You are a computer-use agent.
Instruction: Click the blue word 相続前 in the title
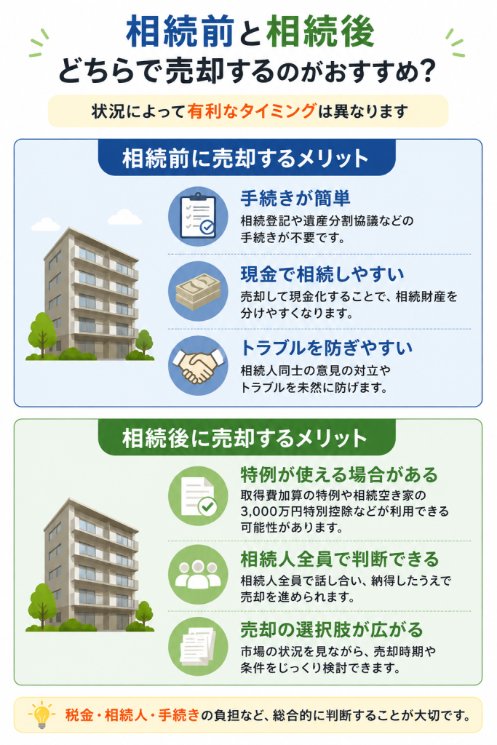coord(180,32)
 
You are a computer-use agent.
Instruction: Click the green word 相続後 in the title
coord(320,32)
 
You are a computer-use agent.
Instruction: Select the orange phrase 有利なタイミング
coord(251,111)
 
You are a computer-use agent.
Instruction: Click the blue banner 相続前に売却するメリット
coord(246,158)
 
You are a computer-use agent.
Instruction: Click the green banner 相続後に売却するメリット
coord(246,437)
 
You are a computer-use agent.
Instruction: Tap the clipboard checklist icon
coord(198,216)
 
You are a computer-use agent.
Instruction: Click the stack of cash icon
coord(198,291)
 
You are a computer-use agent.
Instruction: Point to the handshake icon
coord(198,365)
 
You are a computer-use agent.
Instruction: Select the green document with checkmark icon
coord(198,496)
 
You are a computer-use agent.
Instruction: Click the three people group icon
coord(198,575)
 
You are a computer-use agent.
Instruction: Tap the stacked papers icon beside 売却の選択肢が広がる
coord(198,646)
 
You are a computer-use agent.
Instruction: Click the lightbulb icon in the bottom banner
coord(41,714)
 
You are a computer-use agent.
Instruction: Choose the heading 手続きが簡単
coord(295,198)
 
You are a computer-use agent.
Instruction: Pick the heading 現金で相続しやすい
coord(322,274)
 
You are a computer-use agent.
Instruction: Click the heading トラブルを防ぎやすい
coord(327,348)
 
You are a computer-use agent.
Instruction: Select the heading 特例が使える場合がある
coord(339,474)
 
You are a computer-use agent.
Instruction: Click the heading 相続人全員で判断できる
coord(339,559)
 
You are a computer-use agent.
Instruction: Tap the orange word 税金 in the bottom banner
coord(79,714)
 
